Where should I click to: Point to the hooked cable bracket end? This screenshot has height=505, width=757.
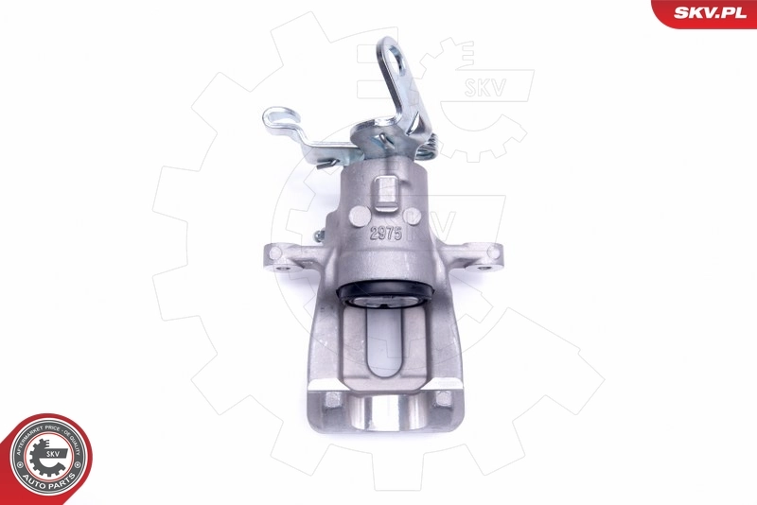[278, 120]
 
